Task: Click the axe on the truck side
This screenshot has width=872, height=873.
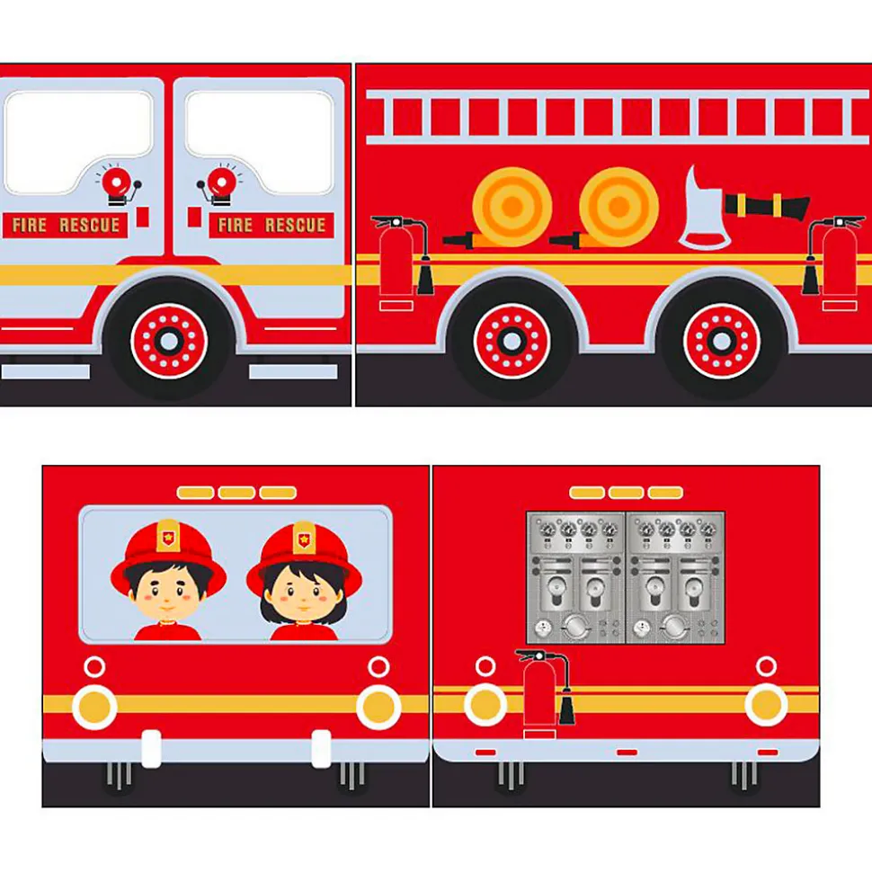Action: coord(703,211)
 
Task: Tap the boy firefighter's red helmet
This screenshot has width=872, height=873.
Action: coord(168,557)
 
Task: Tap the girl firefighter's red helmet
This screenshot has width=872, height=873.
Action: coord(304,557)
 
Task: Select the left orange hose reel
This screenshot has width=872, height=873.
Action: coord(512,207)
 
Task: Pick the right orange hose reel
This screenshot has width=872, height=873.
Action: coord(618,207)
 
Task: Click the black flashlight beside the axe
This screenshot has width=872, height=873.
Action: coord(767,206)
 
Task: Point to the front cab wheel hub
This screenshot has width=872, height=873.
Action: coord(169,342)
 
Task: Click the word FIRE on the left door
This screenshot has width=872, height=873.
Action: coord(29,225)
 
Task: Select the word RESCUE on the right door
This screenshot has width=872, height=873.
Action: coord(295,225)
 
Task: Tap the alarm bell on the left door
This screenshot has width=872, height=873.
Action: coord(118,185)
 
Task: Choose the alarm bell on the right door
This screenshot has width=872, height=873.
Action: coord(219,185)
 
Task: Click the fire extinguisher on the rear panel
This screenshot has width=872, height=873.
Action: coord(544,693)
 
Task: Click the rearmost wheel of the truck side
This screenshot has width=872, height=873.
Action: coord(722,341)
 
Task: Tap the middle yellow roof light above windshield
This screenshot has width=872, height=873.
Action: coord(236,493)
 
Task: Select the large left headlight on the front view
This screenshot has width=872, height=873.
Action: coord(94,707)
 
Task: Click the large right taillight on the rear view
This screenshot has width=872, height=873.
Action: coord(766,705)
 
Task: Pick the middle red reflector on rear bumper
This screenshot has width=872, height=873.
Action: coord(627,753)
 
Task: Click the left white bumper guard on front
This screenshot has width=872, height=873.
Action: coord(151,749)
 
